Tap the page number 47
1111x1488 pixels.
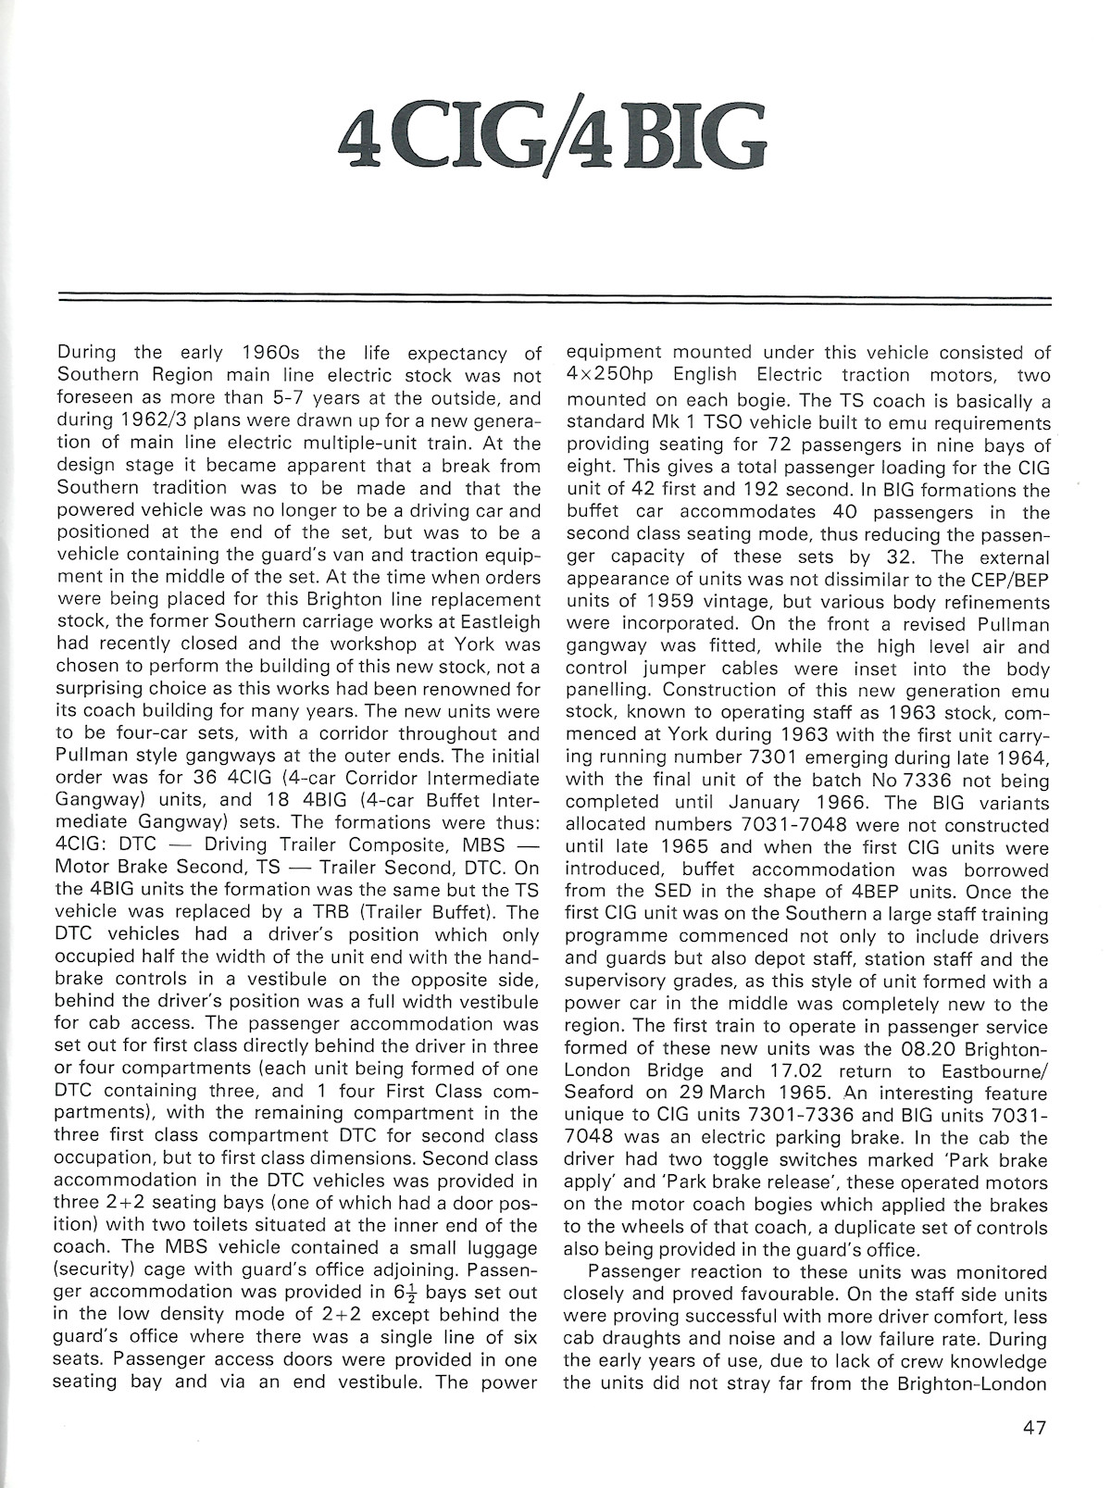click(x=1034, y=1427)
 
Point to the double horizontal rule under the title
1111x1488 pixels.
click(x=555, y=298)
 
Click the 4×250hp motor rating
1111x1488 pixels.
click(x=616, y=375)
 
